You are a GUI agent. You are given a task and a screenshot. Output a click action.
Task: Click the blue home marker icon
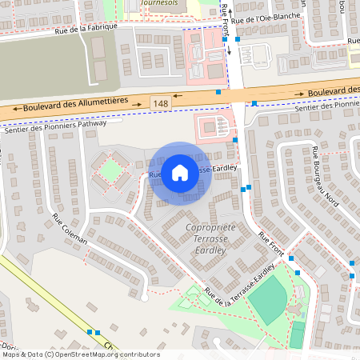[x=180, y=173]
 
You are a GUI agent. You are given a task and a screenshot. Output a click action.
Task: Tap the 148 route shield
[x=160, y=103]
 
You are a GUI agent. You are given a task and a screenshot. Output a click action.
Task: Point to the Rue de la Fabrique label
[x=86, y=30]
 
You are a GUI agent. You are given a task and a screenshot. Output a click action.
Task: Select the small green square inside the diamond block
[x=113, y=170]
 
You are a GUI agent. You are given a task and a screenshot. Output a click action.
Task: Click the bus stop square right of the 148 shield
[x=218, y=92]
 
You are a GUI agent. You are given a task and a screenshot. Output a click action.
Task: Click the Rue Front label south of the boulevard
[x=272, y=243]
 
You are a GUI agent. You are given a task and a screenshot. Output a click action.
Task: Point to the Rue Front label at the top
[x=227, y=20]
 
